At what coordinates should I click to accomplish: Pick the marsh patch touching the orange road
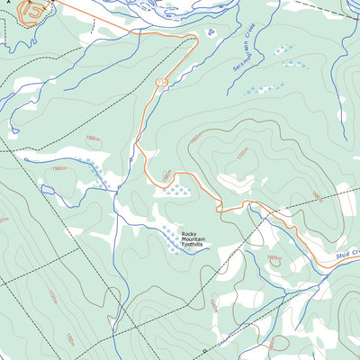tap(176, 190)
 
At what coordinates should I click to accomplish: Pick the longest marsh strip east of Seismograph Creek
tap(263, 89)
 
